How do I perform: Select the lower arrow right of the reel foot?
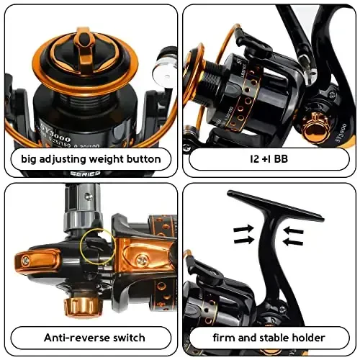point(294,242)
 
